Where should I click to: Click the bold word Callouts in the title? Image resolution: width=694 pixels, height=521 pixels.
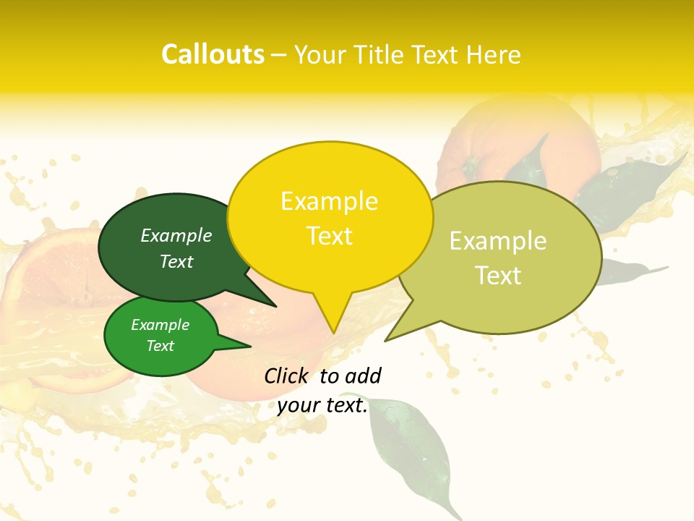pos(213,54)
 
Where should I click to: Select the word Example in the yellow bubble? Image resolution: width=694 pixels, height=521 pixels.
pos(329,201)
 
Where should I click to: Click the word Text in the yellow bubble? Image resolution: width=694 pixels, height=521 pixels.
pos(329,236)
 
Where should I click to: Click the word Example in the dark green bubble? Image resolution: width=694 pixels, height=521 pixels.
pos(176,236)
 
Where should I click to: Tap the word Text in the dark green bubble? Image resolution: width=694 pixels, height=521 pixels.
pos(176,262)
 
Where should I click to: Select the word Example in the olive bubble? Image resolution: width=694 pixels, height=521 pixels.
pos(498,241)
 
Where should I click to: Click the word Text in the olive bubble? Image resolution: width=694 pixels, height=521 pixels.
pos(498,276)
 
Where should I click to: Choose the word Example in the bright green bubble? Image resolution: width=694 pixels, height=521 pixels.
pos(160,325)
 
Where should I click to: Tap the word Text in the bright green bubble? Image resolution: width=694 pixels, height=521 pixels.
pos(160,346)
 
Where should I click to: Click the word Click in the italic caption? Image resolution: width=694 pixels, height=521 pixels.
pos(287,376)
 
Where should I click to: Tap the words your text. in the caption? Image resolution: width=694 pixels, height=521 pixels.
pos(322,405)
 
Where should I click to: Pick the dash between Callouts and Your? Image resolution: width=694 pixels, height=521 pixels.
pos(280,55)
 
